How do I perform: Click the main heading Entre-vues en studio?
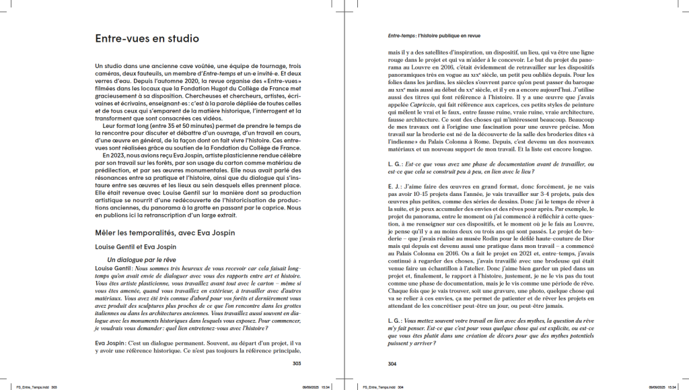[x=147, y=39]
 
